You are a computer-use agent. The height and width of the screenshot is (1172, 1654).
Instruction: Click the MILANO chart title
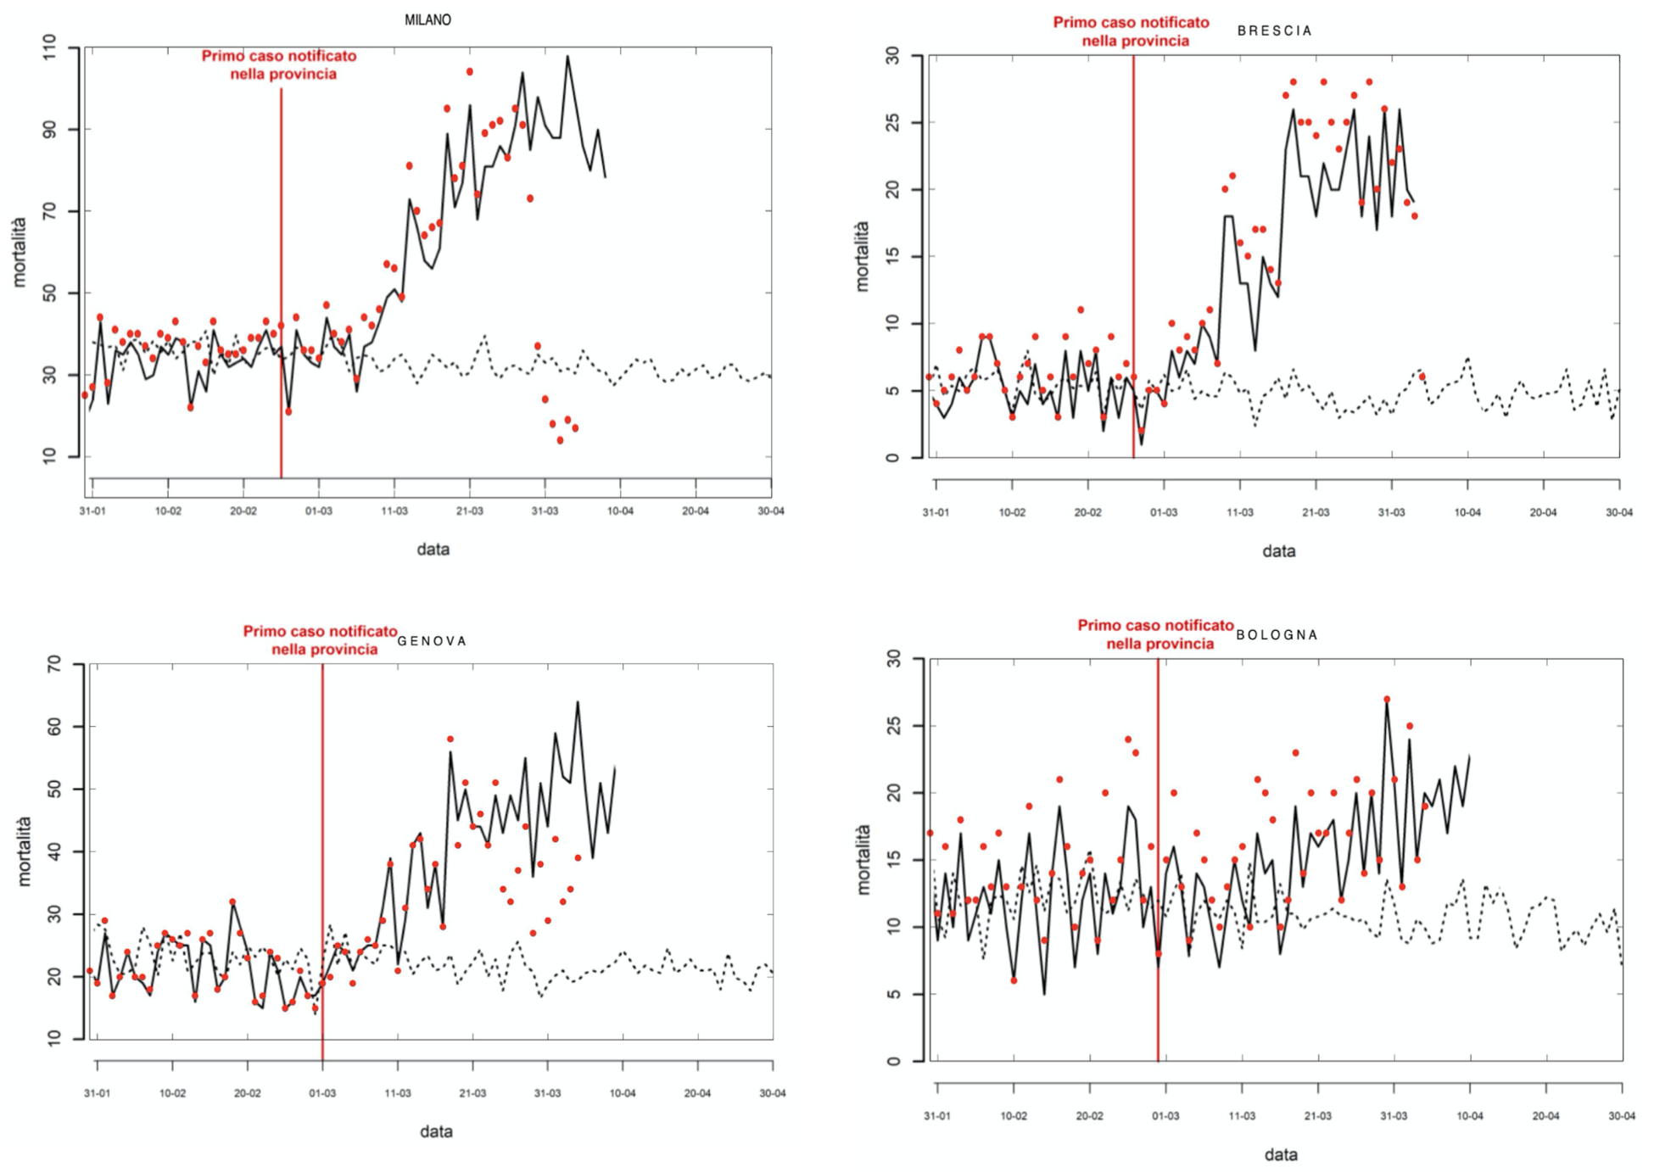click(x=427, y=20)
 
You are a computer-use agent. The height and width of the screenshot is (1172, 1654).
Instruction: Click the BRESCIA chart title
click(x=1274, y=31)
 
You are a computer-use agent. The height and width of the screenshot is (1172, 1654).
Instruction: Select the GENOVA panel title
click(x=433, y=641)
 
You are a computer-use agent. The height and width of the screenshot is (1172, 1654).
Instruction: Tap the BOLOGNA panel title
click(x=1277, y=634)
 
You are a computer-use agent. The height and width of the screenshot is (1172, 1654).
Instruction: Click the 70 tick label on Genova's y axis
click(x=53, y=664)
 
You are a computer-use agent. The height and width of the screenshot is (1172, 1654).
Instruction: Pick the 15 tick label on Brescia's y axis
click(x=891, y=256)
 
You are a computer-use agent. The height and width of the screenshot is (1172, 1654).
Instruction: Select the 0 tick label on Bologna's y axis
click(x=891, y=1061)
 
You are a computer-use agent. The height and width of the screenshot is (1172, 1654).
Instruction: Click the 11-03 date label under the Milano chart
click(x=394, y=511)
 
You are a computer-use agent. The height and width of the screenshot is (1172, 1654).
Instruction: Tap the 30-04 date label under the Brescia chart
click(x=1618, y=513)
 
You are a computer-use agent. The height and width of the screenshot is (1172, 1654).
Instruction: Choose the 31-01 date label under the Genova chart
click(x=97, y=1093)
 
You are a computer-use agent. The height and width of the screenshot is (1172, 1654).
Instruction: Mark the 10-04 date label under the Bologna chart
click(x=1470, y=1116)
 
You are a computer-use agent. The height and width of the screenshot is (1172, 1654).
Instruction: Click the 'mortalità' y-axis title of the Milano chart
click(x=19, y=252)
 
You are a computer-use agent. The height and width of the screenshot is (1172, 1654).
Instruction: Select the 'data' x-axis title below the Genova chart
click(x=436, y=1131)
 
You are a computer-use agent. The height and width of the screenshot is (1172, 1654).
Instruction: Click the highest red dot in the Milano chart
click(x=470, y=72)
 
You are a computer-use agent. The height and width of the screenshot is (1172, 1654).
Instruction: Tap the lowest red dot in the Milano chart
click(x=560, y=440)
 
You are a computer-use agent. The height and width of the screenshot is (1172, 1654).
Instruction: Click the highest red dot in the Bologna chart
click(x=1387, y=700)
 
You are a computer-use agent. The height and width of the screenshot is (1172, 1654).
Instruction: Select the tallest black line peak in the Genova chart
click(x=578, y=702)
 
